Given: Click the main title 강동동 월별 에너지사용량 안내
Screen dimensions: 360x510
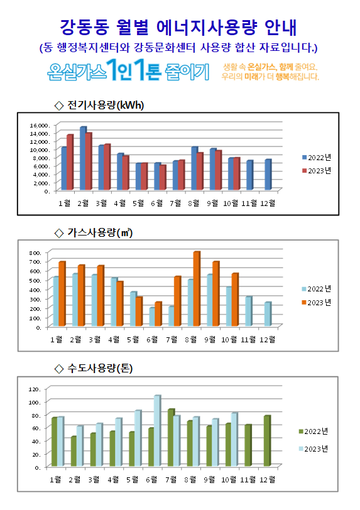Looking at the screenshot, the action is [x=178, y=28].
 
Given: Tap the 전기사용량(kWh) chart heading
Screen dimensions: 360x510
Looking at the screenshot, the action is [x=105, y=105].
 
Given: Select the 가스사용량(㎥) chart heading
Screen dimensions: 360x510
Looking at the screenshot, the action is [x=100, y=232].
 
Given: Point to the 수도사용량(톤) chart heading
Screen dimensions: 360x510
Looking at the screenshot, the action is [x=100, y=368].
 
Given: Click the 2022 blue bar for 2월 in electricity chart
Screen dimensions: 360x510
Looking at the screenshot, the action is [x=83, y=158].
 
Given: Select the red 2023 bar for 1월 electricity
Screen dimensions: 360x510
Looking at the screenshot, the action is [x=70, y=162].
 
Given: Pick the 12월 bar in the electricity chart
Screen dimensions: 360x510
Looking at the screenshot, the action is [x=268, y=175].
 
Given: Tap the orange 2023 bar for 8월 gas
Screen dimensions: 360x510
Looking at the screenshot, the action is [x=197, y=289].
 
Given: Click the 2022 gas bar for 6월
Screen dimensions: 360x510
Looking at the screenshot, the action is [x=152, y=317].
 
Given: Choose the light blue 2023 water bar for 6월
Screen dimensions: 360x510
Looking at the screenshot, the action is [x=158, y=431].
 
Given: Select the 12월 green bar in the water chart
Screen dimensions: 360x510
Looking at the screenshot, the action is [x=267, y=441].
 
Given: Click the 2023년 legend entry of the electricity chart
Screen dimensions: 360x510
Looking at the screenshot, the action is [x=317, y=171].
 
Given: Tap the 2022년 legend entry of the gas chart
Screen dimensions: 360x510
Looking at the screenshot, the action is [x=317, y=289].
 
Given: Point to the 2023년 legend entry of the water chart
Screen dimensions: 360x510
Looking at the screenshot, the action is [x=314, y=449].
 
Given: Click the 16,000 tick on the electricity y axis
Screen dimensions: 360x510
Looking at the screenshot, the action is [x=40, y=125].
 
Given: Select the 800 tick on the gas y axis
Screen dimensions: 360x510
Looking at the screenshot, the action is [x=35, y=252].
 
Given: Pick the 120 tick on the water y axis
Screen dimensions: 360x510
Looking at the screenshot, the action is [x=34, y=389].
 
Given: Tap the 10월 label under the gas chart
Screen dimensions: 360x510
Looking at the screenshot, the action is [x=229, y=340].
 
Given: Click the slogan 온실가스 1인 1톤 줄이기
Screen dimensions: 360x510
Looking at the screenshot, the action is [x=128, y=70].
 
